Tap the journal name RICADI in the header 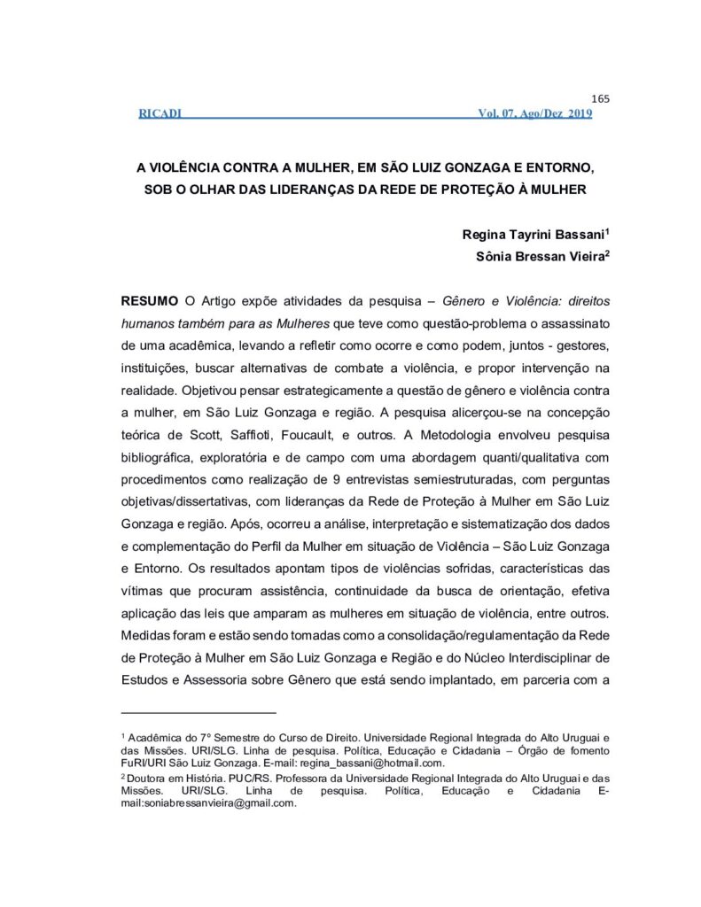160,113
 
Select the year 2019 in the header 580,113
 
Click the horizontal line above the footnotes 199,712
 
